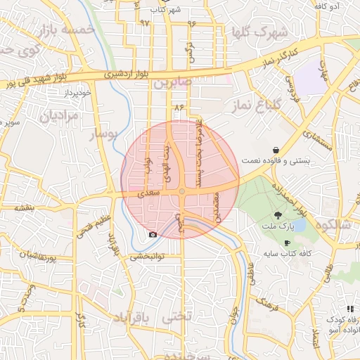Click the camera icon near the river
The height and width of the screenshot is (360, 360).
click(153, 233)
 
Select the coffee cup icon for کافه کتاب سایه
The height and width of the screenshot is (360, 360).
click(287, 243)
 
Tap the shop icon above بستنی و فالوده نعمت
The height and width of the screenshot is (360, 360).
click(276, 150)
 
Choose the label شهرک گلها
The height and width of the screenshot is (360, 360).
click(259, 32)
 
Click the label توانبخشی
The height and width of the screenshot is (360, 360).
click(147, 257)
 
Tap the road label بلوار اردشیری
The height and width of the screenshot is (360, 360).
click(122, 72)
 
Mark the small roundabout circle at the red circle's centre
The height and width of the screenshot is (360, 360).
click(181, 191)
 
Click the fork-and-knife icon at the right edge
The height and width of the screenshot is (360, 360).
click(350, 309)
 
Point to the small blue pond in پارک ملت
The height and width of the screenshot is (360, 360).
click(299, 226)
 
